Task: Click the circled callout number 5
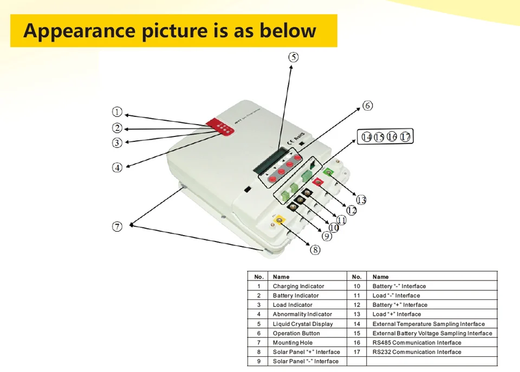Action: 292,57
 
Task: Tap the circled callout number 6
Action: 368,106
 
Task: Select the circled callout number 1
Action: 117,112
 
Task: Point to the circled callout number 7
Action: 117,227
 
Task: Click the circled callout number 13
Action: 361,200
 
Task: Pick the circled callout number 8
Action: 315,250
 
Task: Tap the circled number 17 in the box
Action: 406,137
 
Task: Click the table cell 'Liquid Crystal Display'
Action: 303,324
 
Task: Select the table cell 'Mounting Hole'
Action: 292,343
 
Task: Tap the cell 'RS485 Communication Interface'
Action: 417,343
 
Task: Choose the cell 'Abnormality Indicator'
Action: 302,315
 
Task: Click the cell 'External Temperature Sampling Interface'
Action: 428,324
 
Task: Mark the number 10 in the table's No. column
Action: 356,286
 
